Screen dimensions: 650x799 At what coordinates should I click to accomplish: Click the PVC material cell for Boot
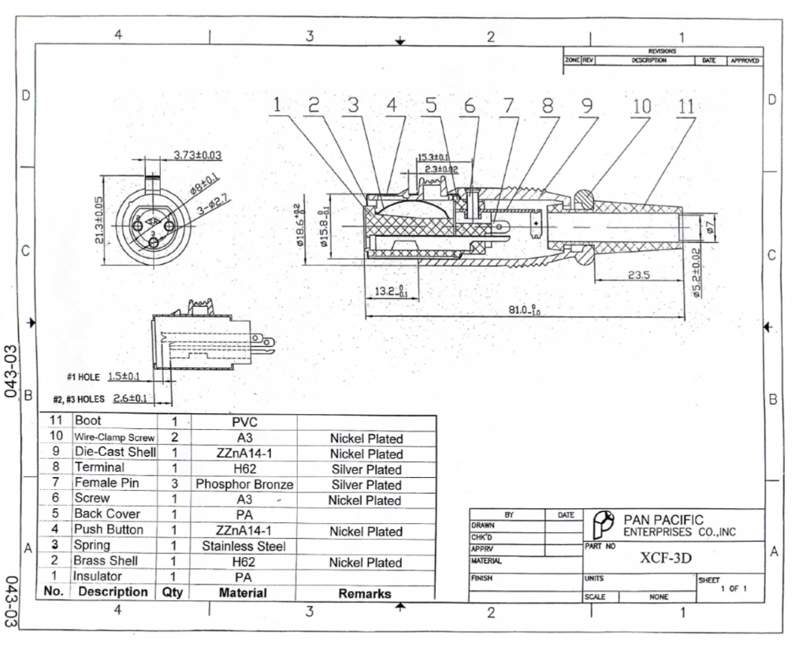244,423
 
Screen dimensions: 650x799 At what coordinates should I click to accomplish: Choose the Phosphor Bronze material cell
244,484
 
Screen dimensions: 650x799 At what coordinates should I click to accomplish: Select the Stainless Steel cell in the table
244,546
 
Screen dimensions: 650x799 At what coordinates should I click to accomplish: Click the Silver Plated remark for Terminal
366,469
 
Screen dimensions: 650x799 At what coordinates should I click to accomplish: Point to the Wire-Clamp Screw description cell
113,438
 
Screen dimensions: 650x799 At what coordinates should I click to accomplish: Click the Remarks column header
366,593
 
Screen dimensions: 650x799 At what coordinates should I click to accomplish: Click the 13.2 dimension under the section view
386,291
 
